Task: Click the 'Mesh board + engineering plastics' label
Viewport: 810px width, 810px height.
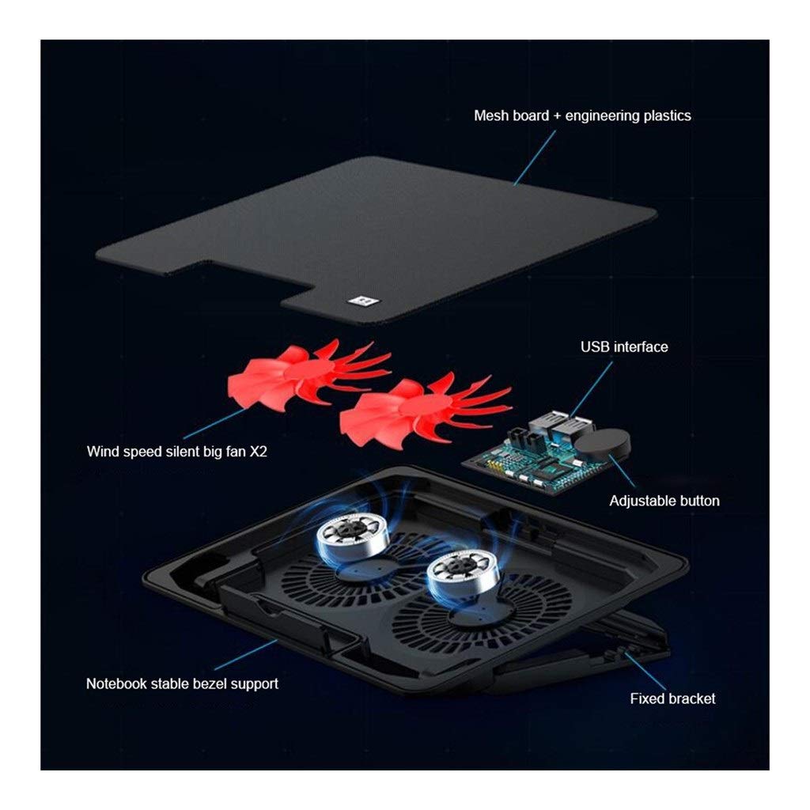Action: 582,115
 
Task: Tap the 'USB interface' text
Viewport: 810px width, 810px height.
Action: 624,346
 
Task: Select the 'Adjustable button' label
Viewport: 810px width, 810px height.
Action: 664,501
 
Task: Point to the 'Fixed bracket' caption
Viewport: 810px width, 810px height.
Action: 672,698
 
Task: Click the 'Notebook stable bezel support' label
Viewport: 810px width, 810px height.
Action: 182,683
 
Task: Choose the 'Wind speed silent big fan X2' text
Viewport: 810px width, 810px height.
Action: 176,452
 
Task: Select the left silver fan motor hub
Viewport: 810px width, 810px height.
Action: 352,536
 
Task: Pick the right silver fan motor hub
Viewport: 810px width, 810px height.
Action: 463,573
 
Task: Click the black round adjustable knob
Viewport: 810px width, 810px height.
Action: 602,445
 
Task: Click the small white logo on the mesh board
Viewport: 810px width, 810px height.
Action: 364,301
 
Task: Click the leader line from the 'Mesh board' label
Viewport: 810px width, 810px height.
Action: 535,157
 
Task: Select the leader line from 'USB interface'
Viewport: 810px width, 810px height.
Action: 590,388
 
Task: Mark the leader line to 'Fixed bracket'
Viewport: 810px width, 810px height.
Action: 645,670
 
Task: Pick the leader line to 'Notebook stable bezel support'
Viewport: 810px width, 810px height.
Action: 246,655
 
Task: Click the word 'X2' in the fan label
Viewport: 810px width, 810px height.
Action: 259,452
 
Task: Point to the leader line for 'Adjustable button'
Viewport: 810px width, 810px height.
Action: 623,471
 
